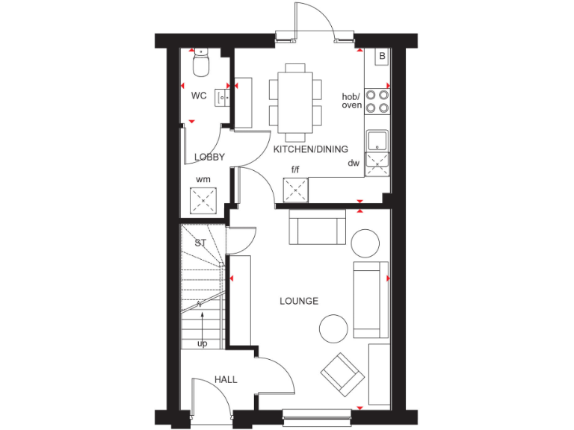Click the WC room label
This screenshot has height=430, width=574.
pyautogui.click(x=198, y=96)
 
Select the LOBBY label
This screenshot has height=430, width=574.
pyautogui.click(x=209, y=157)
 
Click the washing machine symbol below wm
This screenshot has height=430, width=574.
pyautogui.click(x=203, y=199)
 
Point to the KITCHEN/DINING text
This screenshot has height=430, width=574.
pyautogui.click(x=306, y=149)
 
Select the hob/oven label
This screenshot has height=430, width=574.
pyautogui.click(x=351, y=101)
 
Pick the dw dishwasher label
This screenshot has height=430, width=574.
pyautogui.click(x=354, y=163)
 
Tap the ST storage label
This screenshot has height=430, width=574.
pyautogui.click(x=200, y=243)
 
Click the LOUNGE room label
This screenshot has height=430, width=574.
pyautogui.click(x=299, y=301)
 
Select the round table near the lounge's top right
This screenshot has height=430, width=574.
pyautogui.click(x=365, y=243)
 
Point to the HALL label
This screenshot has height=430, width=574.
pyautogui.click(x=226, y=380)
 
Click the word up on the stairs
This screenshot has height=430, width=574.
pyautogui.click(x=202, y=343)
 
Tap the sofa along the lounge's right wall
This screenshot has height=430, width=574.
pyautogui.click(x=371, y=300)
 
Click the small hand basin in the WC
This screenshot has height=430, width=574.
pyautogui.click(x=222, y=96)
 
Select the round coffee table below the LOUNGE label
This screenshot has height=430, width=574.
pyautogui.click(x=333, y=328)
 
